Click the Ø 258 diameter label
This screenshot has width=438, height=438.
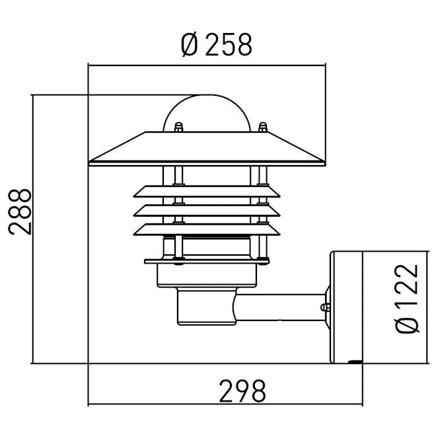coord(215,45)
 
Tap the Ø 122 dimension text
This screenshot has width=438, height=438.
coord(409,299)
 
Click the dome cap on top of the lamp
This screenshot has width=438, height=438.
coord(207,112)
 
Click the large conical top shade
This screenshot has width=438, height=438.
coord(207,148)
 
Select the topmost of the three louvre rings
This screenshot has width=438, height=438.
coord(207,192)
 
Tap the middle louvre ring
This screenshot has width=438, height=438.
coord(207,210)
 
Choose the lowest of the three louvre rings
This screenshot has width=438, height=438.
coord(207,229)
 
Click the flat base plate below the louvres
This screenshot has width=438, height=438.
coord(207,261)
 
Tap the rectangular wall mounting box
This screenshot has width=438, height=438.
coord(346,306)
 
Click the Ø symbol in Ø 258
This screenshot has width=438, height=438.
coord(188,45)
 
